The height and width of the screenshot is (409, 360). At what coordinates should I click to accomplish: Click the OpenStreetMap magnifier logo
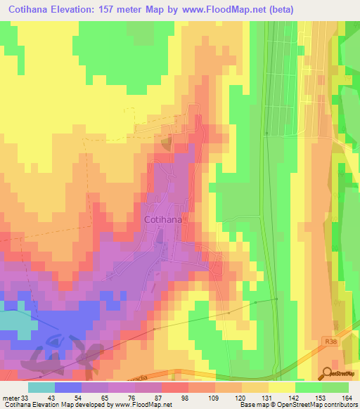click(327, 373)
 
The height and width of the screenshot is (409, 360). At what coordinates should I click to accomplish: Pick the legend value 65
click(106, 398)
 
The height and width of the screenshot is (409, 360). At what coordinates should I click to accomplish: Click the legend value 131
click(266, 398)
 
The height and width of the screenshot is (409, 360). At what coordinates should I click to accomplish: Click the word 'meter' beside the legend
click(10, 398)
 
